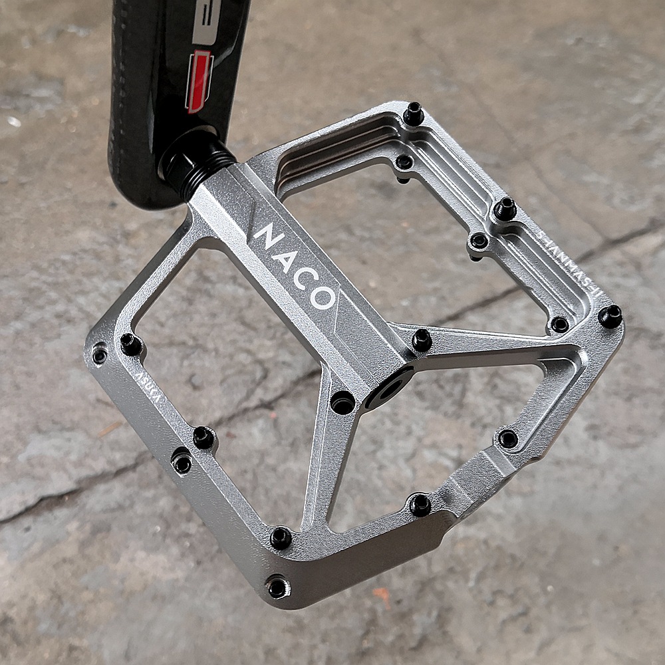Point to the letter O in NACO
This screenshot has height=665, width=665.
pos(323,297)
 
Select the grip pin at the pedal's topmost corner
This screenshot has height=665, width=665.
pos(413,114)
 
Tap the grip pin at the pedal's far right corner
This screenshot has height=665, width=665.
pos(610,316)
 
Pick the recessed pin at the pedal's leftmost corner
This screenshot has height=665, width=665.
pos(100,354)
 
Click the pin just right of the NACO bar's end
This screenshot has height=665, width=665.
pos(422,340)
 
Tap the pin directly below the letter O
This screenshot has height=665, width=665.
pos(342,402)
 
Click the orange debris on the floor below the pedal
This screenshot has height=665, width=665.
pos(382,594)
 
